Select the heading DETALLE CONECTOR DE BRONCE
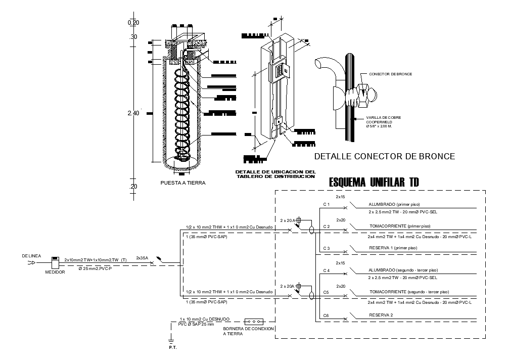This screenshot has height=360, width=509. (385, 156)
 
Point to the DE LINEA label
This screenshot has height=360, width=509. (31, 256)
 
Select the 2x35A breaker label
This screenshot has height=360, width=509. (143, 258)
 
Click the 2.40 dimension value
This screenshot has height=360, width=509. (133, 113)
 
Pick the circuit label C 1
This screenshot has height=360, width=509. (327, 204)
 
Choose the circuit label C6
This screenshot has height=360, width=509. (326, 315)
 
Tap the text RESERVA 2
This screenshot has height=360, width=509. (381, 314)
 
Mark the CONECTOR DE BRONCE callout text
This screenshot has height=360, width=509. (390, 74)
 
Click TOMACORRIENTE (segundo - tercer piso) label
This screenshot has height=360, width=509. (409, 292)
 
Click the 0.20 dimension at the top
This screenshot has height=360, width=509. (133, 23)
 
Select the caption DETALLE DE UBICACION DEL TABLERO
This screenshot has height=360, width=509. (275, 174)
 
